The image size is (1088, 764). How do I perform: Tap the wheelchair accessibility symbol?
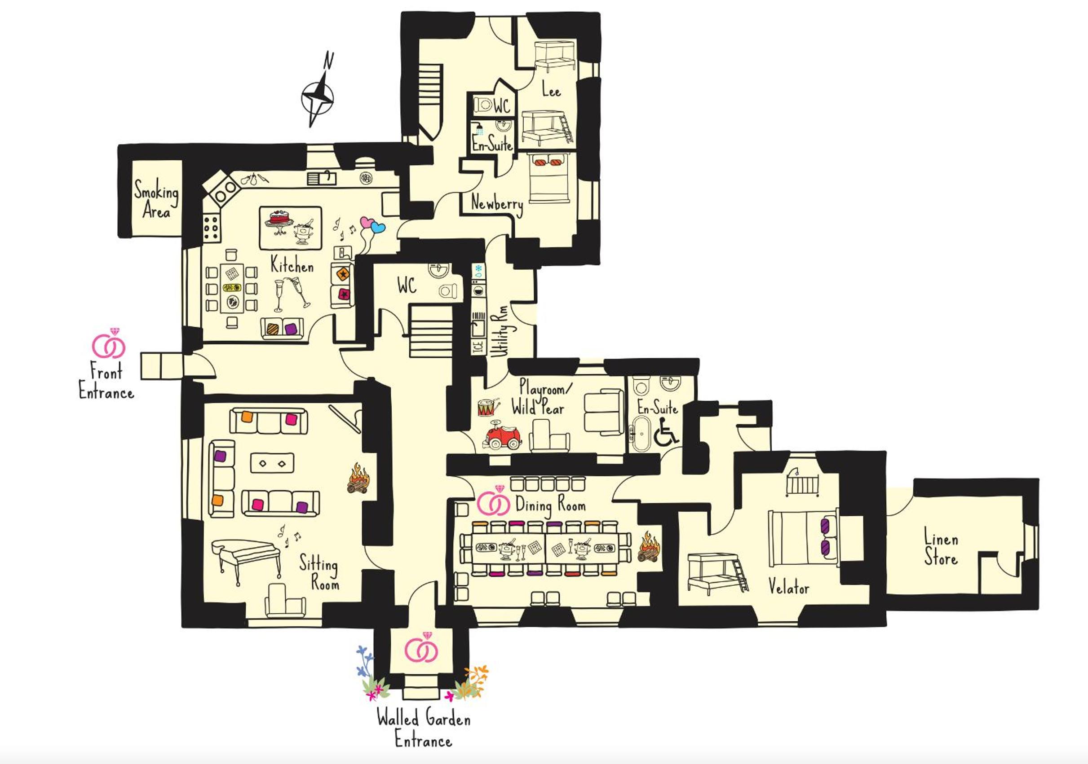[666, 433]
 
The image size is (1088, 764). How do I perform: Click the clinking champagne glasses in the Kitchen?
[291, 294]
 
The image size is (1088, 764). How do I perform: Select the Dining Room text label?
[550, 505]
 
